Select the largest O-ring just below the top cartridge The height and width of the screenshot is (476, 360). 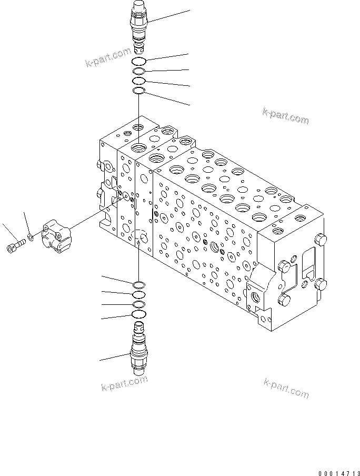[139, 62]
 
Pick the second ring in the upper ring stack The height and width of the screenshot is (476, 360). [139, 72]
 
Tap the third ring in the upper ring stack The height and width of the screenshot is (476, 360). [139, 81]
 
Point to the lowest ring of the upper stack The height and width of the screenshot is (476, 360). [139, 91]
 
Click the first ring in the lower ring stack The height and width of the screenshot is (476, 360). [139, 284]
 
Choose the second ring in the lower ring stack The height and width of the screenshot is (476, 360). [139, 294]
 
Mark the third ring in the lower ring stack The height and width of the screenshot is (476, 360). [139, 304]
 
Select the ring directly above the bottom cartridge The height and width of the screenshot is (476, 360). [139, 314]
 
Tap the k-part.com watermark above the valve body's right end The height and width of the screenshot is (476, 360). [285, 116]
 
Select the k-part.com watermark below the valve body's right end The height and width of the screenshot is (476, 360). [285, 388]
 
